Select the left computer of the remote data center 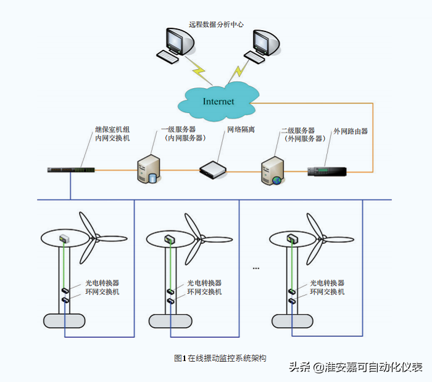(x=176, y=45)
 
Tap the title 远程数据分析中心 (x=216, y=25)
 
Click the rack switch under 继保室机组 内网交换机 (x=71, y=169)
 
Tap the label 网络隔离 (x=241, y=131)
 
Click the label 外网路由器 (x=351, y=131)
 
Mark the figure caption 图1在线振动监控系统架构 (x=220, y=357)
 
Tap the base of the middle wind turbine (x=170, y=320)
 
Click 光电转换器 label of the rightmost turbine (x=327, y=283)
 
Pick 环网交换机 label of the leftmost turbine (x=102, y=291)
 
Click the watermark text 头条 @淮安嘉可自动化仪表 (x=355, y=368)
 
